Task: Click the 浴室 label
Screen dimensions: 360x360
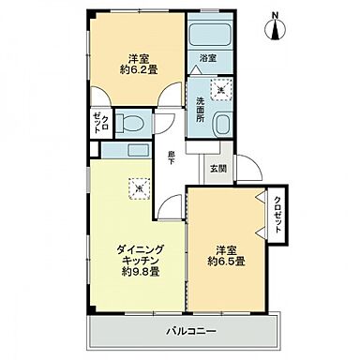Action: click(208, 58)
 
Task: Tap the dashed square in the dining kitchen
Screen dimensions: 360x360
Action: click(138, 187)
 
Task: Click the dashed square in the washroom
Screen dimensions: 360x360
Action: click(222, 91)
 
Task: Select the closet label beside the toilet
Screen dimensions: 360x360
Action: click(97, 122)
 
